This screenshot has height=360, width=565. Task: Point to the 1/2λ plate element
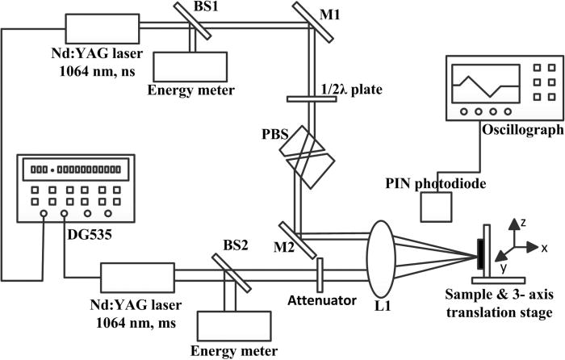pyautogui.click(x=311, y=99)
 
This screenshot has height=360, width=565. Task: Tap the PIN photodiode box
pyautogui.click(x=437, y=210)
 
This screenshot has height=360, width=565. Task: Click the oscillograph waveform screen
pyautogui.click(x=484, y=84)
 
